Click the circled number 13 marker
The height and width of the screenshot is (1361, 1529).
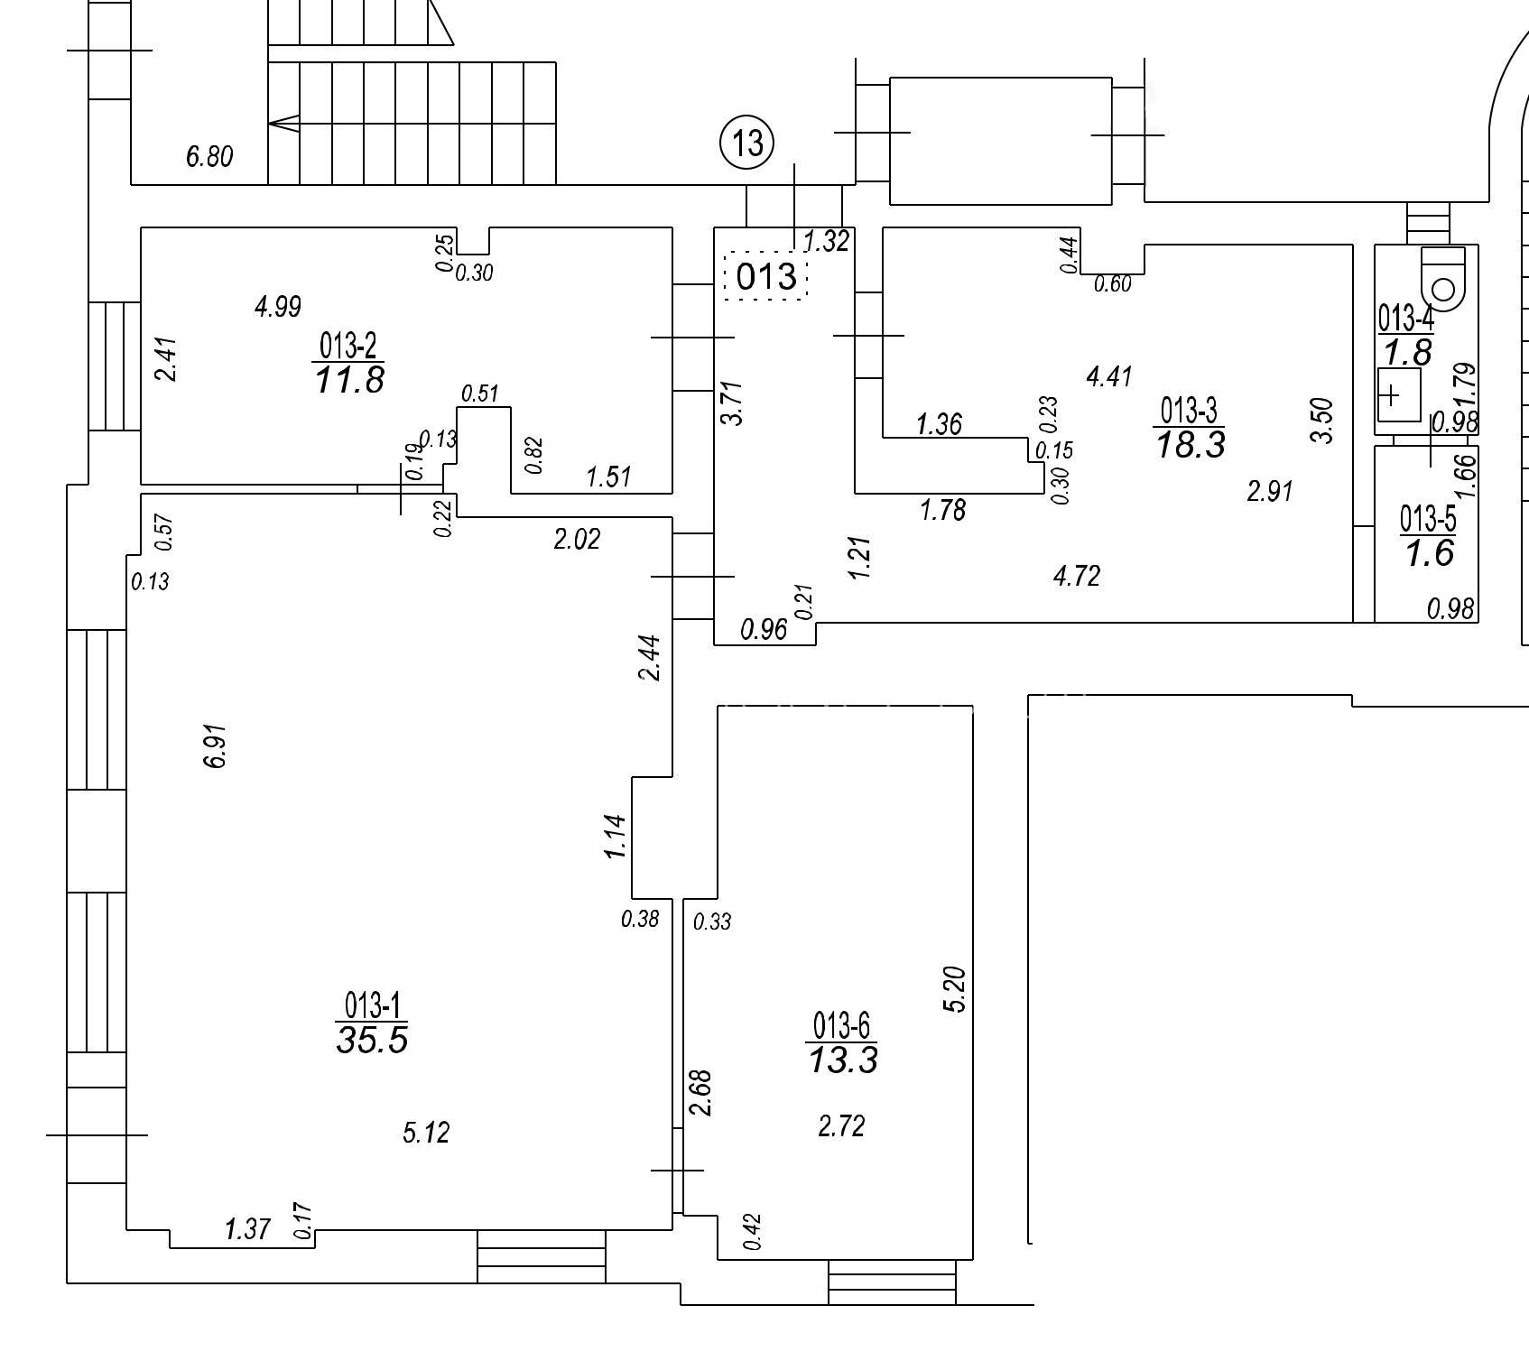coord(747,143)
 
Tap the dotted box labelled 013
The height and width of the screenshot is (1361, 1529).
coord(765,275)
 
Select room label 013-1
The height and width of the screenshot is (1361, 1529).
coord(372,1005)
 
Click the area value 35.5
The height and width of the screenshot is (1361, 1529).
coord(372,1040)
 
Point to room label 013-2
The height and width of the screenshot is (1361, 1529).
coord(348,346)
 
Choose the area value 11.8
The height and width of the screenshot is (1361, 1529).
coord(349,380)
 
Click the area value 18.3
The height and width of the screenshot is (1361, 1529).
coord(1191,445)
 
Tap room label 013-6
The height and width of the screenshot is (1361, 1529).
coord(841,1026)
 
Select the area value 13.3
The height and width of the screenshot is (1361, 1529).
coord(842,1060)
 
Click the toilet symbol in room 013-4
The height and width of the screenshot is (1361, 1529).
coord(1442,279)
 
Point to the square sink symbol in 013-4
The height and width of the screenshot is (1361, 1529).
coord(1398,395)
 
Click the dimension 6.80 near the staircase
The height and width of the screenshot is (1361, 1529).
coord(209,157)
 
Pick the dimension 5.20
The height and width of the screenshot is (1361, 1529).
coord(955,990)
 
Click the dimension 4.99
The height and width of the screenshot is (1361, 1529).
coord(277,307)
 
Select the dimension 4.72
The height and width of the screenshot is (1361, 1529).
coord(1077,576)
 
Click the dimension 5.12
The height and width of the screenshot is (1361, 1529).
coord(426,1132)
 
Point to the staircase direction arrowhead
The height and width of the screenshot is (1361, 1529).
coord(283,124)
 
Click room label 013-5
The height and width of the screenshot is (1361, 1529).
coord(1428,519)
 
